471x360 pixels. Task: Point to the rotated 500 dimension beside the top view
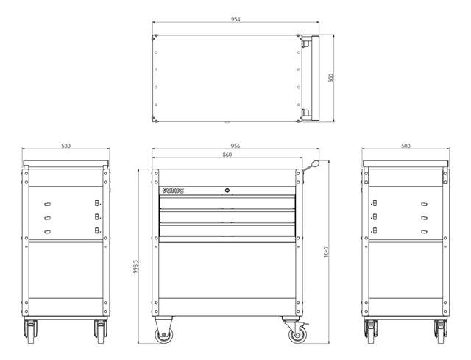coord(331,78)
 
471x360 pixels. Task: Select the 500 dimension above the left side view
coord(66,147)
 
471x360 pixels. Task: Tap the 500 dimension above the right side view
coord(406,147)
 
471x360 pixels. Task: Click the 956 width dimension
coord(235,147)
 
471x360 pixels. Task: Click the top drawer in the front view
coord(227,202)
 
